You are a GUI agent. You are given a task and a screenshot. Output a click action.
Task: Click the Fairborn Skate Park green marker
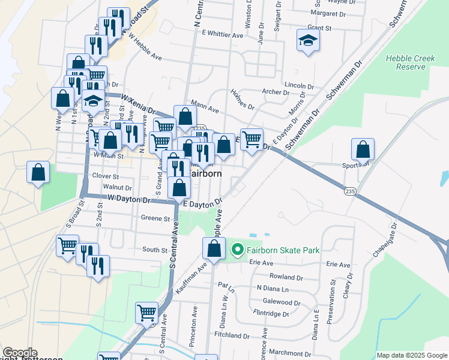pyautogui.click(x=237, y=250)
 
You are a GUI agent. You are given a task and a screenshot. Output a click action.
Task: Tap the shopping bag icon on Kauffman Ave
pyautogui.click(x=214, y=248)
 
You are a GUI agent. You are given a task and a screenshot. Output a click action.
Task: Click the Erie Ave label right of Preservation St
pyautogui.click(x=338, y=264)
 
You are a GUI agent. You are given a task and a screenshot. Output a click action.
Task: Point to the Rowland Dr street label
pyautogui.click(x=286, y=277)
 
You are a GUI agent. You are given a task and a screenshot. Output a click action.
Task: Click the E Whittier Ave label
pyautogui.click(x=223, y=35)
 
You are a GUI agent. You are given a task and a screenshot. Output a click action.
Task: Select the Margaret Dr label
pyautogui.click(x=334, y=13)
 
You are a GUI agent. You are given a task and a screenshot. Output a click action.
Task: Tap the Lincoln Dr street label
pyautogui.click(x=300, y=85)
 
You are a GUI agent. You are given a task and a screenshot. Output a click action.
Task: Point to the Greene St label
pyautogui.click(x=155, y=218)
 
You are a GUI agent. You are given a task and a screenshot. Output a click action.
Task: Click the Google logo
pyautogui.click(x=19, y=353)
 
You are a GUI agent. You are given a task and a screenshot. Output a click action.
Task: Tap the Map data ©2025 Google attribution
pyautogui.click(x=411, y=355)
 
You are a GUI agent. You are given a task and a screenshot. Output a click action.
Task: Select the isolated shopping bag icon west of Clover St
pyautogui.click(x=38, y=172)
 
